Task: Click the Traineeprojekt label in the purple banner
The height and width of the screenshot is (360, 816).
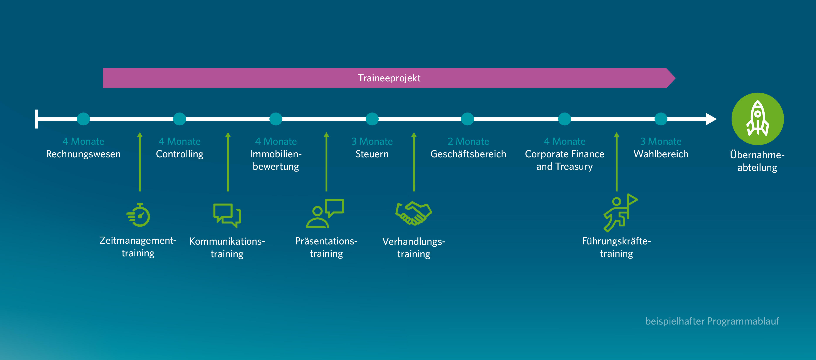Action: coord(389,78)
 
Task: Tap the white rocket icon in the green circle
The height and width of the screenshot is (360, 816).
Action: coord(757,119)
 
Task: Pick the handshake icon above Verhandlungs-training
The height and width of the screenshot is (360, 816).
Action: coord(414,213)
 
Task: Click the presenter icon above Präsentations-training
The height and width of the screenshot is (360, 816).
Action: coord(325,214)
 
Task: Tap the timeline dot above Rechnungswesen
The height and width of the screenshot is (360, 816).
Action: coord(83,119)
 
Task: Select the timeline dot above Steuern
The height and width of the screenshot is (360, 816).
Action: coord(372,119)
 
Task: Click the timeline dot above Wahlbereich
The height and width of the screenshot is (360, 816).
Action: coord(661,119)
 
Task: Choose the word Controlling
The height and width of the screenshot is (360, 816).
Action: coord(180,154)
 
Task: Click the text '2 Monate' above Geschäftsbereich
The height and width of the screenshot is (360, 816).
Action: coord(468,141)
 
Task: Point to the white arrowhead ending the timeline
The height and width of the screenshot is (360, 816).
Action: coord(711,119)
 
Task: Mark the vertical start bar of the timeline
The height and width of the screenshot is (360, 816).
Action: coord(36,119)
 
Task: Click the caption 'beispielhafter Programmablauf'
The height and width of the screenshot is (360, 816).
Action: coord(712,321)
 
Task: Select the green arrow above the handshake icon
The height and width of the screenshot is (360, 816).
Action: coord(414,162)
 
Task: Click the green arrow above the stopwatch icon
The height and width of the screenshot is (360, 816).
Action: coord(140,162)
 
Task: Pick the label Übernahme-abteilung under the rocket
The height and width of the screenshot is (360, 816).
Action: coord(757,161)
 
